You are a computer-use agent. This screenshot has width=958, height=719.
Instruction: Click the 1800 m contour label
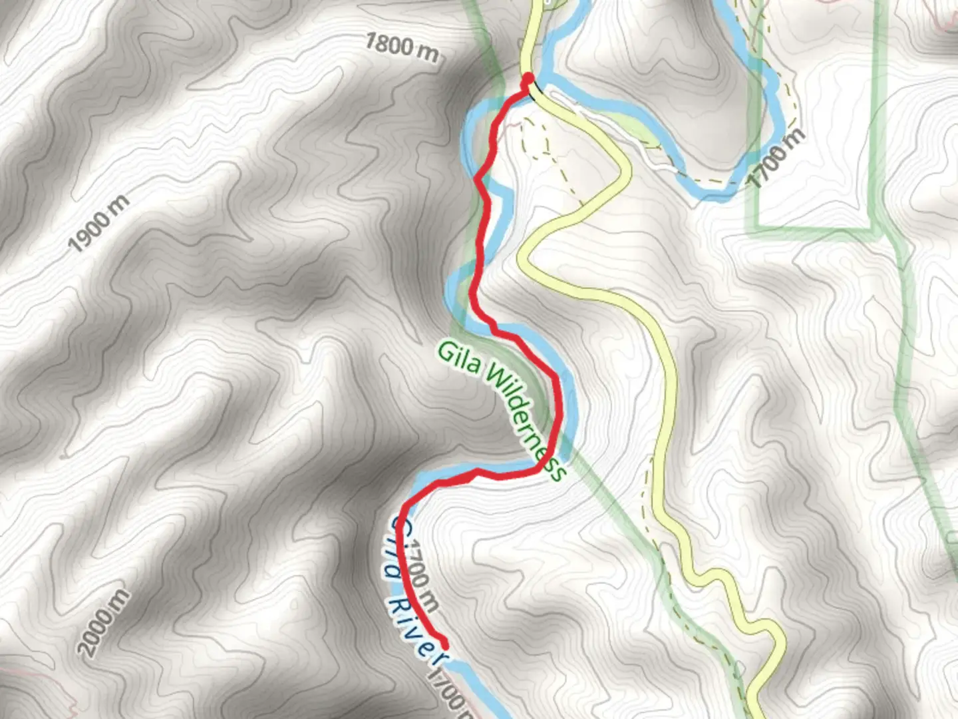[x=402, y=48]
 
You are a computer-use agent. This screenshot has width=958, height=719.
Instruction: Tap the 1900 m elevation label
[x=98, y=224]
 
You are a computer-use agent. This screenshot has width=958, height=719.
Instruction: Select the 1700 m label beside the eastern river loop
[x=776, y=157]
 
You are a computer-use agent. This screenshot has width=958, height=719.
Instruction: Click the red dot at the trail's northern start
[x=529, y=79]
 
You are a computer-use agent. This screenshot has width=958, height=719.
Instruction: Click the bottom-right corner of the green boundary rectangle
[x=871, y=228]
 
